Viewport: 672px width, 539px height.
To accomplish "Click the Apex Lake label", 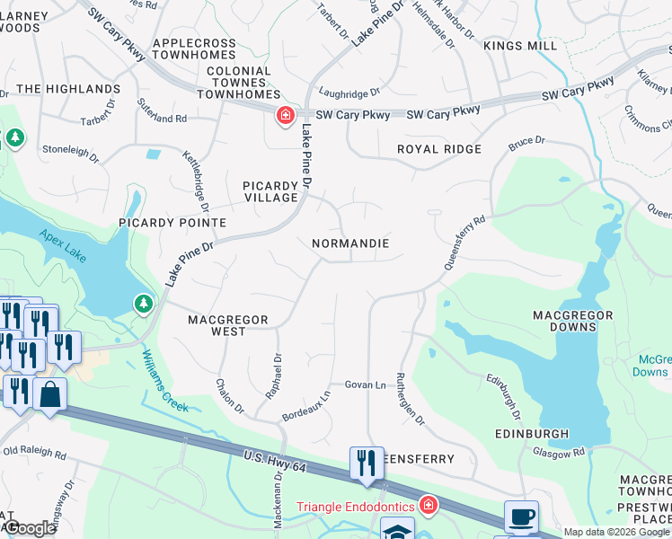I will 63,245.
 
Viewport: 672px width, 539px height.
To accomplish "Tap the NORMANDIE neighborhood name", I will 350,243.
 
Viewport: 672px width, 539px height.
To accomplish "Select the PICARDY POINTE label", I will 172,222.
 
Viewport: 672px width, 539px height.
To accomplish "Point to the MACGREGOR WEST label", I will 217,325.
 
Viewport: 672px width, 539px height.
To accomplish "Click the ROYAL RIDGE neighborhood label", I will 439,149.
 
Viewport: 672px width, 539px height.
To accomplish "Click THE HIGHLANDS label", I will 68,89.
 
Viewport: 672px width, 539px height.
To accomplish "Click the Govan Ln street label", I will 365,384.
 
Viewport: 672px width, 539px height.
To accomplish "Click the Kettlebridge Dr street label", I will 196,176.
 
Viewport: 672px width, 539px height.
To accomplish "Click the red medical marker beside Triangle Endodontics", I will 428,506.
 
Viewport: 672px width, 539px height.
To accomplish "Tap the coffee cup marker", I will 521,517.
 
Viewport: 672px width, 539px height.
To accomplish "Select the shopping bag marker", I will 50,394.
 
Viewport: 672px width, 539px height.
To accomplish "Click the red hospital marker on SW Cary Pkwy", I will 285,115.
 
